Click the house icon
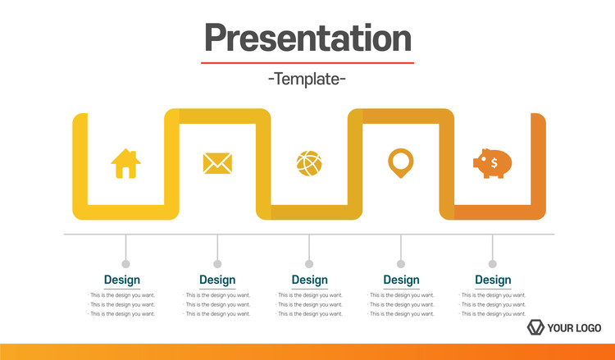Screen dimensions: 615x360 (126, 163)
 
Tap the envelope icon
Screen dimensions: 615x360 (217, 163)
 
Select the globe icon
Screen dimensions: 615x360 (309, 163)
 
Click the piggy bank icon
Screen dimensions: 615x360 (493, 163)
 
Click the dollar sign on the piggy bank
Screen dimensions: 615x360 (494, 162)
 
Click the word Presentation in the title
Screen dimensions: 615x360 (307, 38)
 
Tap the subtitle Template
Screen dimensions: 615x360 (307, 79)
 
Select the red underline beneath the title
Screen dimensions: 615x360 (307, 63)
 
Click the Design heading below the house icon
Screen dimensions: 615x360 (122, 280)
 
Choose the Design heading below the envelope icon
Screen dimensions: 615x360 (217, 280)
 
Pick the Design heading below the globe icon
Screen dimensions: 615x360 (309, 280)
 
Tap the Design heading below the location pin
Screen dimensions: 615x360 (401, 280)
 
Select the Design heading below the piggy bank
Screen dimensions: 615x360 (493, 280)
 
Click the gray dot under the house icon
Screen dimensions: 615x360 (126, 264)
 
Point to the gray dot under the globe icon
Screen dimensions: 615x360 (309, 264)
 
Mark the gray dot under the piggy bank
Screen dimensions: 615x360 (493, 264)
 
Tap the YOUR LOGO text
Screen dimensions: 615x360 (574, 328)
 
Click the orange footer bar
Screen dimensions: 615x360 (307, 352)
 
